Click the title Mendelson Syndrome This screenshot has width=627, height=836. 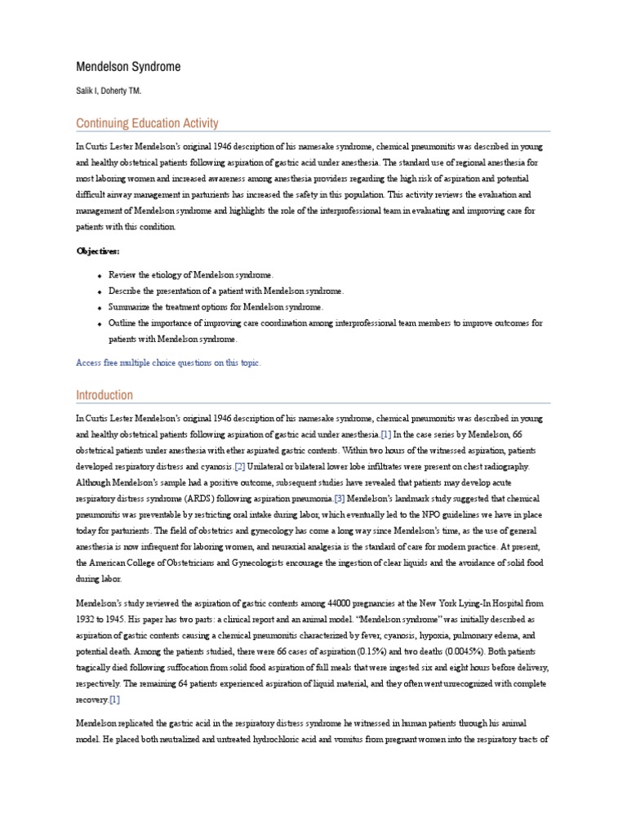point(128,66)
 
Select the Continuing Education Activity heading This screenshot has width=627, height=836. point(147,123)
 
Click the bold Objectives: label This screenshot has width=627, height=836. point(97,251)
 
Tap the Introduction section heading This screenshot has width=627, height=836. point(104,395)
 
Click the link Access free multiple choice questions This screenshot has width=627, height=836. point(168,362)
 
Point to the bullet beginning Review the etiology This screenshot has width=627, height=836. point(192,275)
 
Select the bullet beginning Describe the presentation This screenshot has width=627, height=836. point(226,291)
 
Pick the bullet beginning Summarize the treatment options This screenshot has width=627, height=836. point(216,307)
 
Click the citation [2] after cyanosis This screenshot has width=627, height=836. point(239,466)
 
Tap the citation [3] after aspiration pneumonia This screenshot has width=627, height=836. point(340,497)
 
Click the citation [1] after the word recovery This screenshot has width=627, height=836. point(115,700)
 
